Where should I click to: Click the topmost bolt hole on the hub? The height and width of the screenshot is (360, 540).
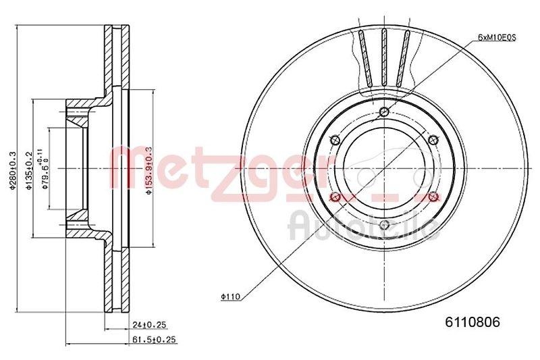(384, 112)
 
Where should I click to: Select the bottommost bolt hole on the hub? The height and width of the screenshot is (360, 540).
(384, 226)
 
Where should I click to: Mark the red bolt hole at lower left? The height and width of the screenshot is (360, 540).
(335, 197)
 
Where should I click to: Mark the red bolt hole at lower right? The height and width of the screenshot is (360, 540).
(433, 197)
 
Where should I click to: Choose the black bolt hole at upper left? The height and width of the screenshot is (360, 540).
(335, 140)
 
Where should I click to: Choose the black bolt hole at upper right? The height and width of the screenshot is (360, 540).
(433, 140)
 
